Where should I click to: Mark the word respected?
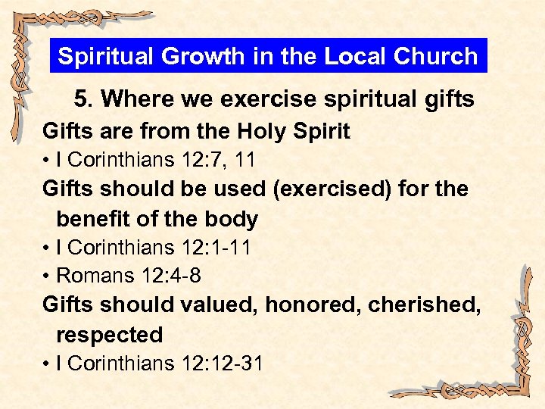point(109,335)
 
